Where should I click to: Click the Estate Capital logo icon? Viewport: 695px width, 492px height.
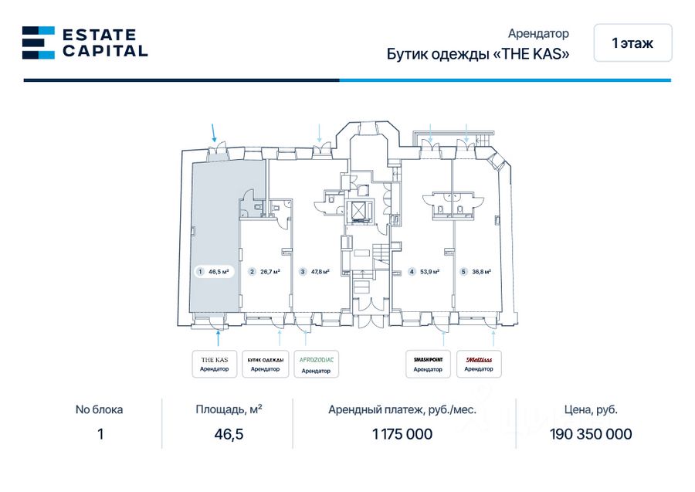click(38, 42)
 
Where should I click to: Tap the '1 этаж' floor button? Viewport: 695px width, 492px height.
click(632, 43)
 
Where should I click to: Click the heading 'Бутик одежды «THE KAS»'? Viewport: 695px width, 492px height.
click(478, 55)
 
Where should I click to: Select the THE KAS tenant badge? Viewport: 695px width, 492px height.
click(214, 364)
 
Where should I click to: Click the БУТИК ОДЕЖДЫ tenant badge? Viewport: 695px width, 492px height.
click(265, 364)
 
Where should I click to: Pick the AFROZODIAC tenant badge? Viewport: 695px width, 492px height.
click(315, 364)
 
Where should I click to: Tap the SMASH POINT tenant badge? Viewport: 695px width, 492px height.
click(428, 364)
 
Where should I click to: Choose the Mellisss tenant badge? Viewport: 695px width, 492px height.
click(479, 364)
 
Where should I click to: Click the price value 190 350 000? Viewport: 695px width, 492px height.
click(591, 434)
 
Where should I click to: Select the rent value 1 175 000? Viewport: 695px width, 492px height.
click(402, 434)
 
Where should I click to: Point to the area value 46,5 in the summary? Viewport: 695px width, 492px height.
click(229, 434)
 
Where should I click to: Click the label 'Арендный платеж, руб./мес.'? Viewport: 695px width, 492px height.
click(402, 410)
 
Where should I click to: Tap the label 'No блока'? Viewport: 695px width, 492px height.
click(99, 410)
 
